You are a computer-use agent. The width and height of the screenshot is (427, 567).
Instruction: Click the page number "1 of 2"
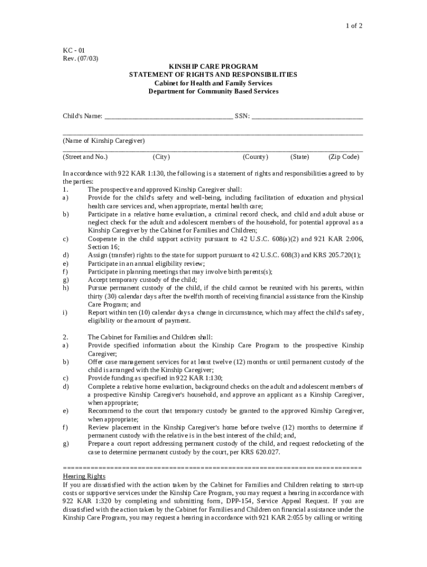coord(353,26)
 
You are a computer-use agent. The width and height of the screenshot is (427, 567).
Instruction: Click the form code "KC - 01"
coord(74,50)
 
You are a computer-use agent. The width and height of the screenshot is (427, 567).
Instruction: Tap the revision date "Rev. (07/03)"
coord(80,59)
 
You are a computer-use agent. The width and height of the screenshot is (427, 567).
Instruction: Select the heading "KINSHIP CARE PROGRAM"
coord(213,66)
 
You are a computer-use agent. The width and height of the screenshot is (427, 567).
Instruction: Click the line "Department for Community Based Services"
coord(213,91)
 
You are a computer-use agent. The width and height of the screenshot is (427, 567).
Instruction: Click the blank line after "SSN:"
coord(307,116)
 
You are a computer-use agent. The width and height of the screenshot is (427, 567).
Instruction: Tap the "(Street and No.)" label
coord(85,157)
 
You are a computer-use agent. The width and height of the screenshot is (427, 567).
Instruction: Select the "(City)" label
coord(161,157)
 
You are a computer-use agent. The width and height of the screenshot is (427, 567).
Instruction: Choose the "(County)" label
coord(256,157)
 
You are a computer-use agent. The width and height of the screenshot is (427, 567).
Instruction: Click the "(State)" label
coord(299,157)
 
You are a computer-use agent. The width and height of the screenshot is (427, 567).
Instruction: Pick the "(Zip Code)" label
coord(344,157)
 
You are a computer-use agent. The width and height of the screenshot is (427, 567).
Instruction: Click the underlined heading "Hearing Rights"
coord(84,476)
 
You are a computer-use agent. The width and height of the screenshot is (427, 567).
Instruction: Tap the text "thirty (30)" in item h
coord(103,296)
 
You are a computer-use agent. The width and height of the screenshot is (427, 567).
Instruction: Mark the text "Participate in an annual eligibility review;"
coord(146,264)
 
